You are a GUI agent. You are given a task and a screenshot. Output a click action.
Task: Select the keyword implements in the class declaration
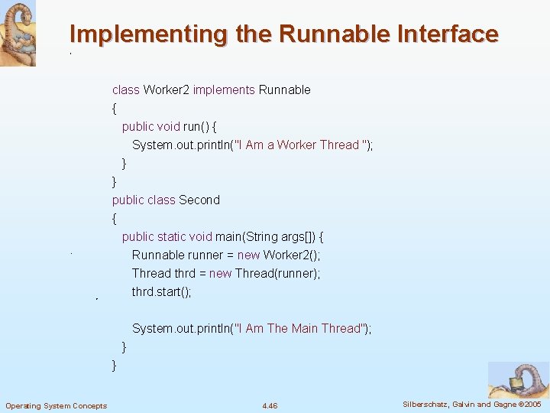pos(224,90)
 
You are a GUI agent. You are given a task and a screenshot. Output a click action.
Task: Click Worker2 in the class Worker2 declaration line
pos(166,90)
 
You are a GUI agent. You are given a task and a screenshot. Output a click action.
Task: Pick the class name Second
pos(199,200)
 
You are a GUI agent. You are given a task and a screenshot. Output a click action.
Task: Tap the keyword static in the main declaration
pos(173,237)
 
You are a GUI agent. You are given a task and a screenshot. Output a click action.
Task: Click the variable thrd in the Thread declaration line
pos(184,274)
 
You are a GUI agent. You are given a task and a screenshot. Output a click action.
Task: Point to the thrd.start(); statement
pos(161,292)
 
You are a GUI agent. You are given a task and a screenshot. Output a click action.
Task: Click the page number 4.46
pos(270,405)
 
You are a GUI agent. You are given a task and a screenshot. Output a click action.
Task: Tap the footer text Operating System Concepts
pos(56,405)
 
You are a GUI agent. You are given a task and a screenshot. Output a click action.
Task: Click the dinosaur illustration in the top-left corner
pos(18,34)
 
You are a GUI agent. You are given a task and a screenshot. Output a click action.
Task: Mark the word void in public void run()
pos(168,127)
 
